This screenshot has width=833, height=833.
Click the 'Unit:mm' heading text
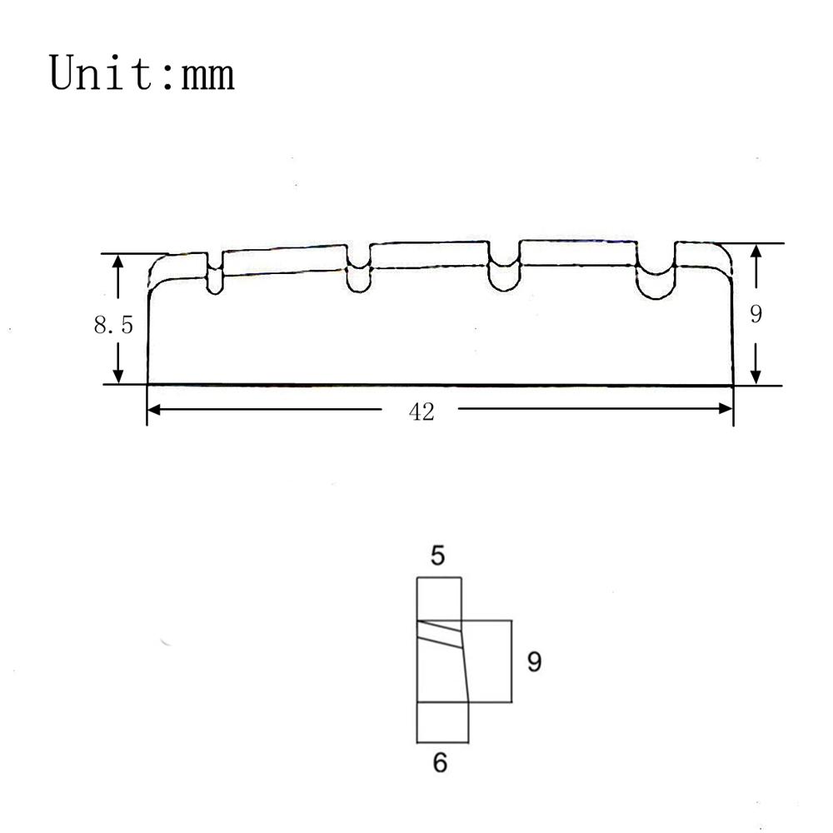coord(142,73)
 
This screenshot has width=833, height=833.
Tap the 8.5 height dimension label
coord(113,325)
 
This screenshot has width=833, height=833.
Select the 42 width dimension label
coord(421,412)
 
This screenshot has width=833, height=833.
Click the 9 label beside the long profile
coord(756,314)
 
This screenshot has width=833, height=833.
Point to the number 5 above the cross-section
coord(438,556)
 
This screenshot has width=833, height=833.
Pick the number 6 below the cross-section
coord(440,762)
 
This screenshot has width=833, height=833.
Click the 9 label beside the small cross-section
coord(535,662)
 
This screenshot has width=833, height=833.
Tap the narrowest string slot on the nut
coord(215,273)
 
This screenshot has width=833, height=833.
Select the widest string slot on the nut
coord(656,271)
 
